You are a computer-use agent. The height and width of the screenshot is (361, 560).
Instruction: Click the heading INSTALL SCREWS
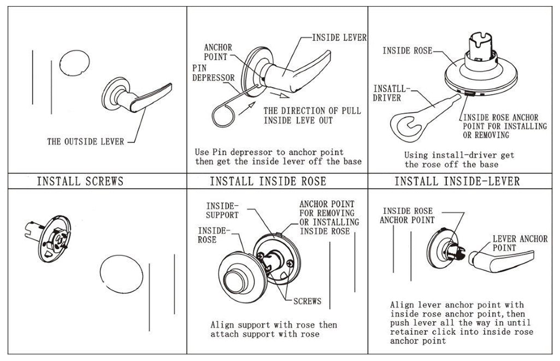80,181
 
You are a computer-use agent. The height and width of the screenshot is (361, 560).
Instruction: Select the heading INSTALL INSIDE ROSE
268,181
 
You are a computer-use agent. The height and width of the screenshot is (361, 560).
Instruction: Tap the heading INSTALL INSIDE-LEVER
457,181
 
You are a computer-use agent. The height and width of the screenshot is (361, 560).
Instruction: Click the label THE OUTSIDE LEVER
85,142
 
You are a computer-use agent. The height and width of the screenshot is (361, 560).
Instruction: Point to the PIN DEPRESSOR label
213,73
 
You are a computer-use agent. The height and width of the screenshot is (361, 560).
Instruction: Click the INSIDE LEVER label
339,38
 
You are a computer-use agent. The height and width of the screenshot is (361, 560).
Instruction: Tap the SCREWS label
307,301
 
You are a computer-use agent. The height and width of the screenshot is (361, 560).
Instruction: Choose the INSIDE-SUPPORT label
222,211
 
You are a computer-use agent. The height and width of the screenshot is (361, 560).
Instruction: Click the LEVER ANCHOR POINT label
520,243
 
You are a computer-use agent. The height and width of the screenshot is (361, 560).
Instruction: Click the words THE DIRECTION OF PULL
312,110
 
